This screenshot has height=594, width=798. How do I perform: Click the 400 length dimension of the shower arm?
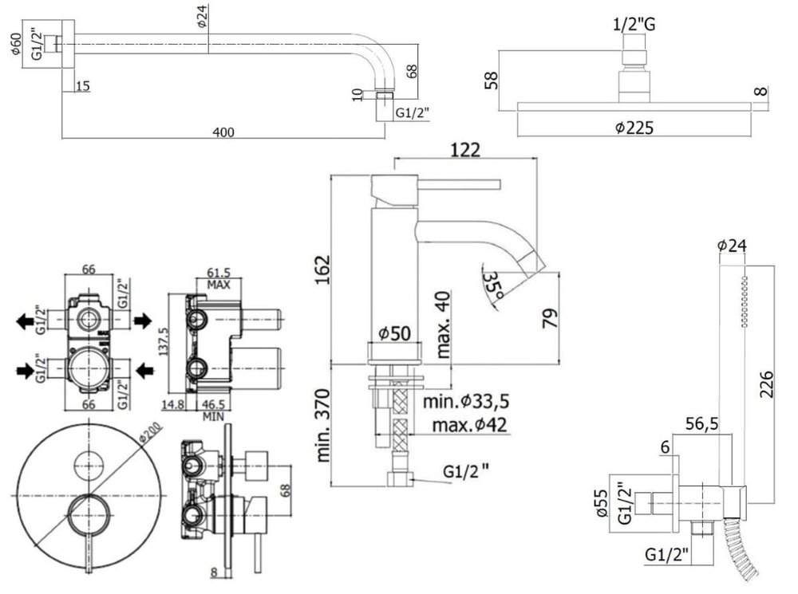coord(224,132)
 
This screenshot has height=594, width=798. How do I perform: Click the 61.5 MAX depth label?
coord(218,277)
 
